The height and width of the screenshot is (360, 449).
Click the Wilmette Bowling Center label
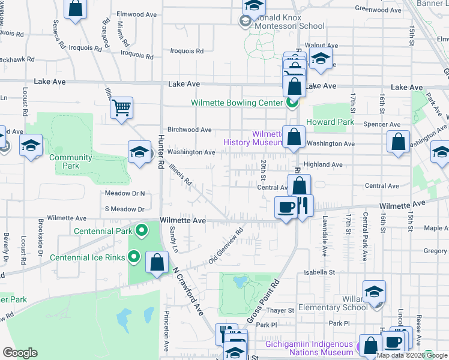coord(237,103)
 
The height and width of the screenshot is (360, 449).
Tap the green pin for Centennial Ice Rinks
coord(133,257)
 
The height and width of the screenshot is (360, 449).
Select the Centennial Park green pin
coord(142,230)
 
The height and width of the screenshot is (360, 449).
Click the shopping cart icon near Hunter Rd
coord(121,109)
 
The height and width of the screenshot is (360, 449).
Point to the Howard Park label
coord(327,122)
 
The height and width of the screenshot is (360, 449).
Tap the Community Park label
coord(71,161)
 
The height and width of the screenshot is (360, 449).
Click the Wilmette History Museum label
coord(252,139)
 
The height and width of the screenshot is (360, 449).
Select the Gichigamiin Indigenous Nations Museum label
coord(310,348)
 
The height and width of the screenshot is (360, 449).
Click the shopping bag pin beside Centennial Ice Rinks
coord(157,263)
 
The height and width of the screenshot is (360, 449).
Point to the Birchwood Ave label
coord(189,130)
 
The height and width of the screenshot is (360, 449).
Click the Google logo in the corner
coord(20,353)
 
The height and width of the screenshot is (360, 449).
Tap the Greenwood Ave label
coord(378,9)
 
